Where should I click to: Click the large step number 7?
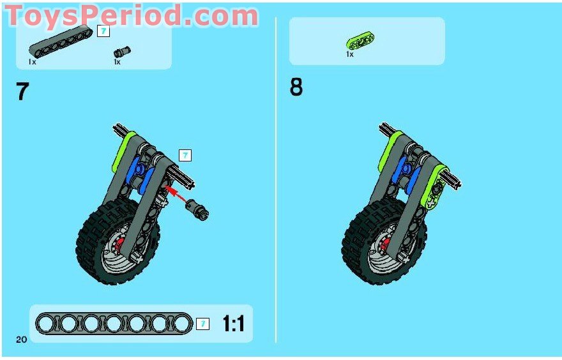pyautogui.click(x=22, y=91)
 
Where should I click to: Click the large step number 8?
pyautogui.click(x=296, y=87)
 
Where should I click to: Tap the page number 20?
pyautogui.click(x=22, y=339)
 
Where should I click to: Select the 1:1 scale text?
pyautogui.click(x=234, y=324)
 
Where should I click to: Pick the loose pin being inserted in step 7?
pyautogui.click(x=198, y=209)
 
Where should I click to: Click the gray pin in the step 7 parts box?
pyautogui.click(x=122, y=52)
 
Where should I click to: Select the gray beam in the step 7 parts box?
pyautogui.click(x=60, y=41)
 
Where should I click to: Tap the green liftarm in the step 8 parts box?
pyautogui.click(x=360, y=40)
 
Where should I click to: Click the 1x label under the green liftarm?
pyautogui.click(x=350, y=54)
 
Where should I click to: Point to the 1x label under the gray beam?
pyautogui.click(x=33, y=62)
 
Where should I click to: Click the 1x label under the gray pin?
pyautogui.click(x=118, y=62)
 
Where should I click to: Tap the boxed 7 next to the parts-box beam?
pyautogui.click(x=103, y=31)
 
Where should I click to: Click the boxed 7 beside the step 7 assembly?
pyautogui.click(x=185, y=156)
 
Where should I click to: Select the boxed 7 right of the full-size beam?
pyautogui.click(x=203, y=324)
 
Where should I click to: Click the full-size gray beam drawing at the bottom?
pyautogui.click(x=114, y=324)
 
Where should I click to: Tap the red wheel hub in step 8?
pyautogui.click(x=385, y=244)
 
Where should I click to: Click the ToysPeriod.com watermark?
pyautogui.click(x=131, y=16)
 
